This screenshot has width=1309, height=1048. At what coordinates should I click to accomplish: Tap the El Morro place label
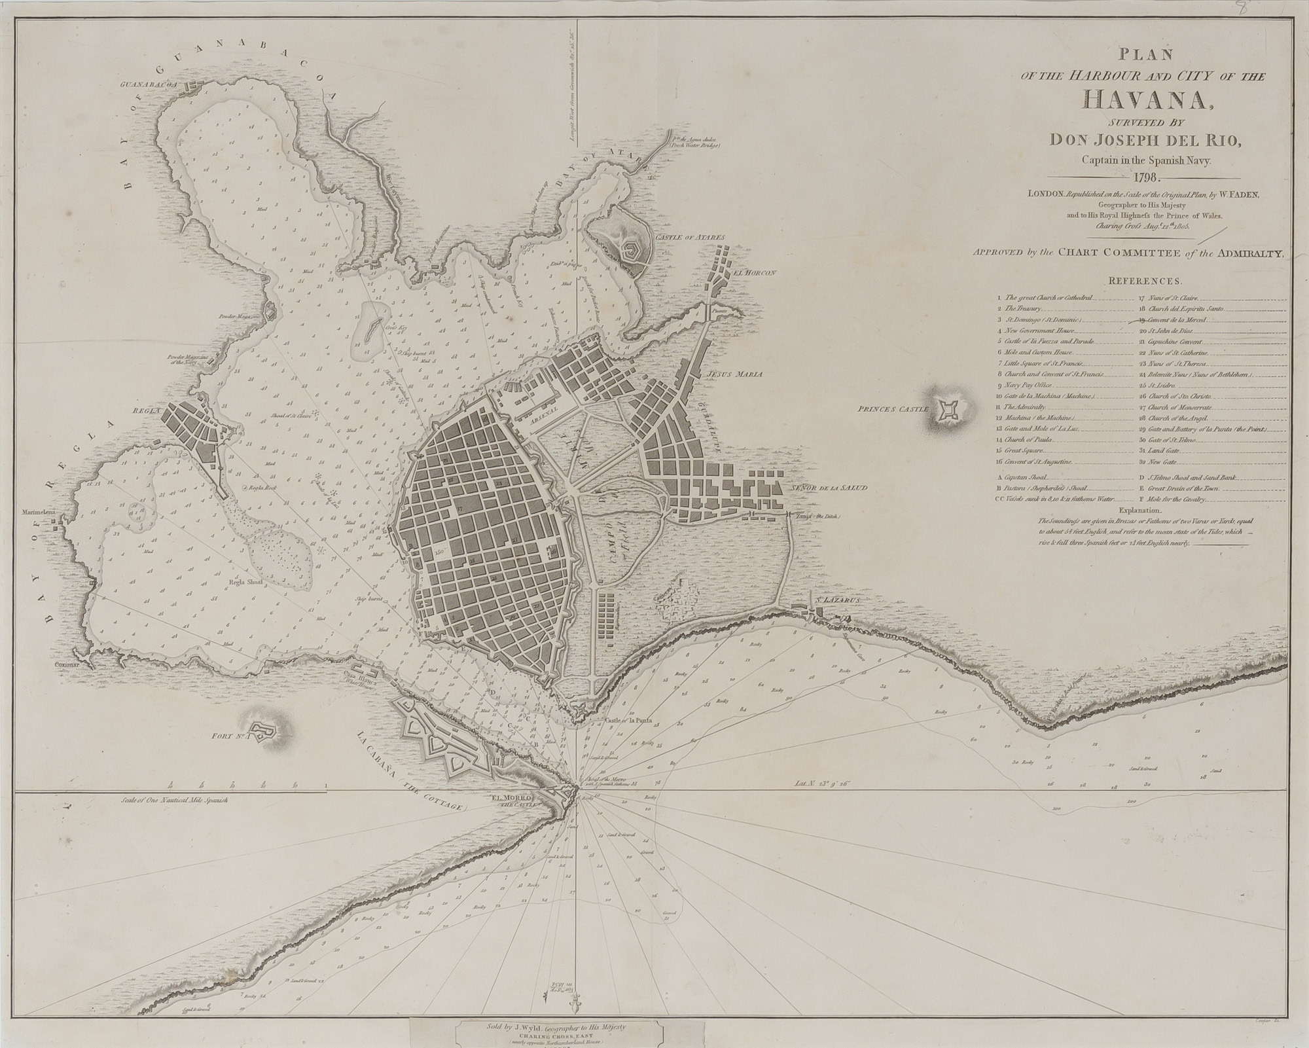pos(513,797)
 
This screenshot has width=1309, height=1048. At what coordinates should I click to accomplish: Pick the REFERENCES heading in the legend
pos(1145,281)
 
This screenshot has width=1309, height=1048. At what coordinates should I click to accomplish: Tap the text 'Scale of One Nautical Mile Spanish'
pos(173,801)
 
